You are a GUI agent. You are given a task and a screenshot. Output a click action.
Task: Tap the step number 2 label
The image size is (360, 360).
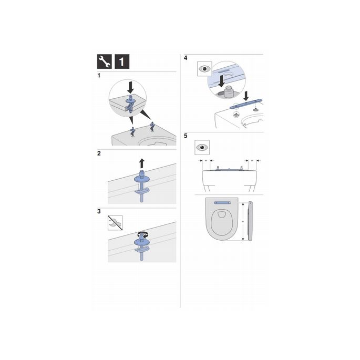click(99, 153)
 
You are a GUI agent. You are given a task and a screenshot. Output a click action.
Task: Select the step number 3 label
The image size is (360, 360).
click(99, 212)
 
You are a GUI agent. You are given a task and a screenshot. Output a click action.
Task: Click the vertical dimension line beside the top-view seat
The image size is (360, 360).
click(242, 222)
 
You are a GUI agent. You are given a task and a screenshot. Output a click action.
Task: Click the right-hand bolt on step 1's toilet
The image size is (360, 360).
click(152, 125)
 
